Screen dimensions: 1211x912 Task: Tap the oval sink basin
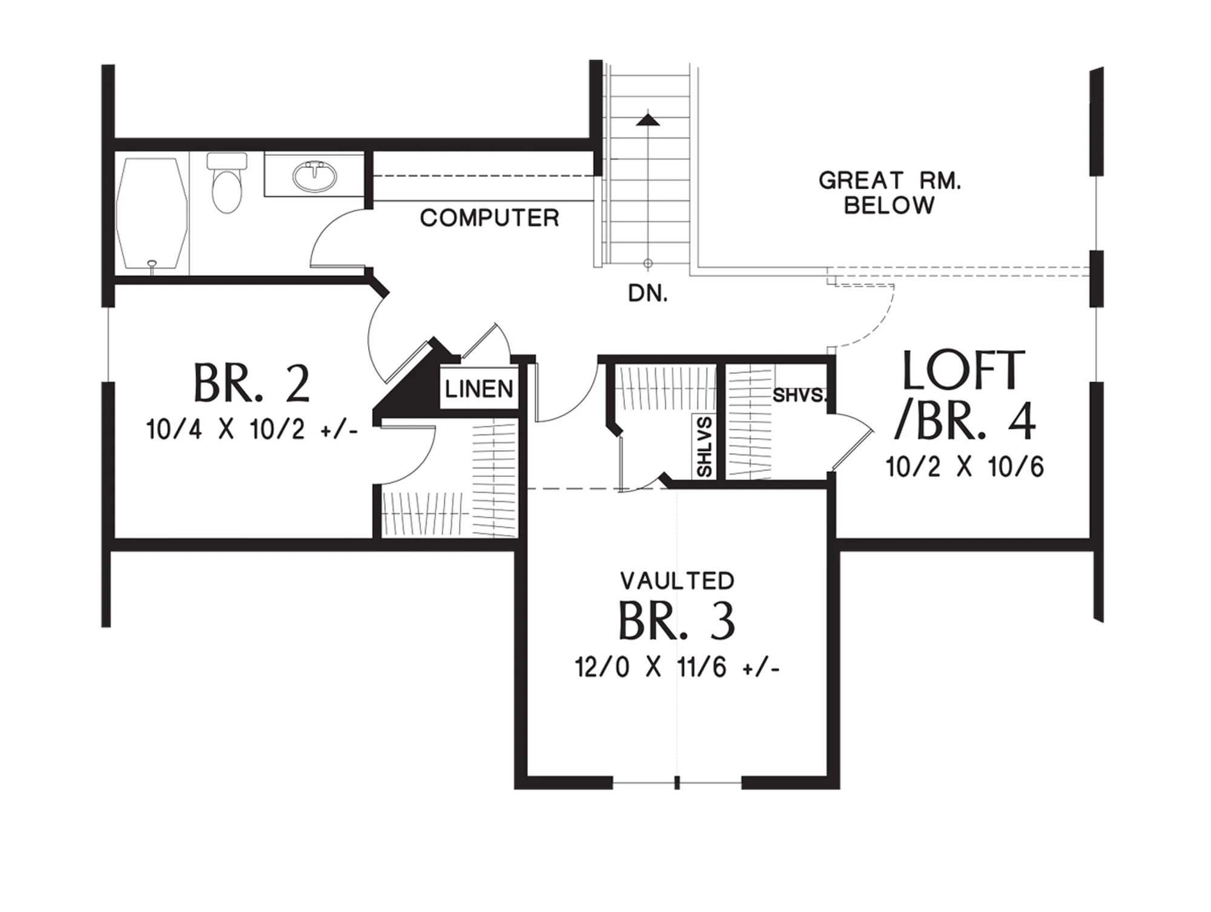tap(315, 176)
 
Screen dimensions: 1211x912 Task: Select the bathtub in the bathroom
tap(152, 213)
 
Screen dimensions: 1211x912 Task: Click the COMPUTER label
tap(489, 218)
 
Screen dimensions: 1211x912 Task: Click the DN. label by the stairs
tap(648, 294)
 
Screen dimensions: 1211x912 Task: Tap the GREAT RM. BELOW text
tap(889, 193)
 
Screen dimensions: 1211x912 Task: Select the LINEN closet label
tap(479, 388)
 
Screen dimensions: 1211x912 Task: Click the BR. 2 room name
tap(252, 383)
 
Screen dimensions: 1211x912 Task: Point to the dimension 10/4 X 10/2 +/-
tap(252, 430)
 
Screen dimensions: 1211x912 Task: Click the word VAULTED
tap(678, 581)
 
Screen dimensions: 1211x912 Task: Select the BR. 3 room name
tap(677, 621)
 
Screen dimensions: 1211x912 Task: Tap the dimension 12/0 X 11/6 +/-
tap(677, 668)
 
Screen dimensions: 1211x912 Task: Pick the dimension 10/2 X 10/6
tap(965, 467)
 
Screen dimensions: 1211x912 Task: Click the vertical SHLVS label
tap(705, 447)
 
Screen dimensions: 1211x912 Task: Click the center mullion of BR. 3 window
tap(677, 783)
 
